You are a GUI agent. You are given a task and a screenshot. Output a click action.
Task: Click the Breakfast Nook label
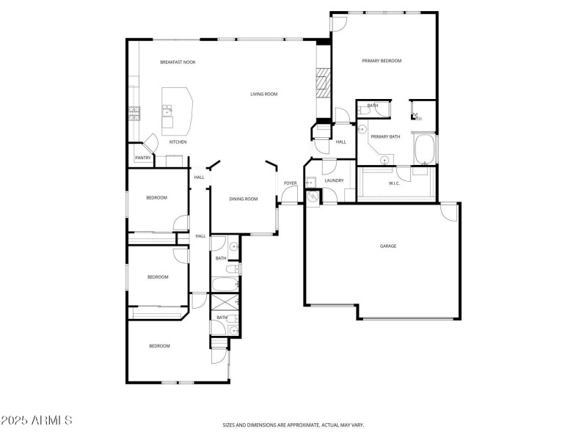pos(178,62)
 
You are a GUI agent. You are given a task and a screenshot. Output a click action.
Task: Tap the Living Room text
pos(263,94)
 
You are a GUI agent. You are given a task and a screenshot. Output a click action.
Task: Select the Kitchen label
pos(178,142)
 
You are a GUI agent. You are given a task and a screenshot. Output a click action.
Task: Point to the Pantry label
pos(143,158)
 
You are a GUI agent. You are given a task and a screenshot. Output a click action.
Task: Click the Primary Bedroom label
pos(382,61)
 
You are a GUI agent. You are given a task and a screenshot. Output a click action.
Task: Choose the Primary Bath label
pos(385,136)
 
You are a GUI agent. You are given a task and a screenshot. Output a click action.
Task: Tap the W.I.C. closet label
pos(394,183)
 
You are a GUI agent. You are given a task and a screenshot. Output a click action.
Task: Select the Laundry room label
pos(334,180)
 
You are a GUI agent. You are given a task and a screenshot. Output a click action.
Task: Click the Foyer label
pos(291,183)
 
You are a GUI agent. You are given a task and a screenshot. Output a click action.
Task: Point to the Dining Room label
pos(244,199)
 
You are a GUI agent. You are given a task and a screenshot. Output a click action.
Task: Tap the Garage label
pos(387,246)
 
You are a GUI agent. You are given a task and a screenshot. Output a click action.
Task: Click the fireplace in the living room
pos(323,84)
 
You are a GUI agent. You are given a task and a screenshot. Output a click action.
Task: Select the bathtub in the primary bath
pos(425,149)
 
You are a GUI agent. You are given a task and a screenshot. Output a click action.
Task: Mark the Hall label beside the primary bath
pos(340,142)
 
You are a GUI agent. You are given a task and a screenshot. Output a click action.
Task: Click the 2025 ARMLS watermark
pos(37,421)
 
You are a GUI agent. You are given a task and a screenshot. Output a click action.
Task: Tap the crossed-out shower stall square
pos(222,303)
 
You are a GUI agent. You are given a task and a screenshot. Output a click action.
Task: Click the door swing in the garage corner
pos(447,211)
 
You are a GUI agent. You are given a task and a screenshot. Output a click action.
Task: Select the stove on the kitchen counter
pos(134,111)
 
